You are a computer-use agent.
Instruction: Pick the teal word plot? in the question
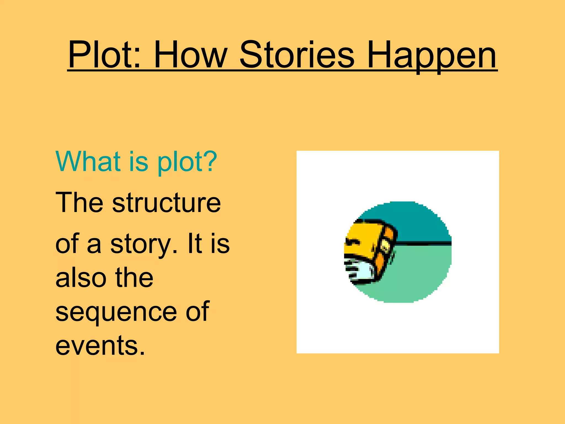187,162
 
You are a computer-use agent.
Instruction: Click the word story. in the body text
144,245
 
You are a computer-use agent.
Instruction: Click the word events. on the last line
100,346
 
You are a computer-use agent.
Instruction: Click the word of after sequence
197,312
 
